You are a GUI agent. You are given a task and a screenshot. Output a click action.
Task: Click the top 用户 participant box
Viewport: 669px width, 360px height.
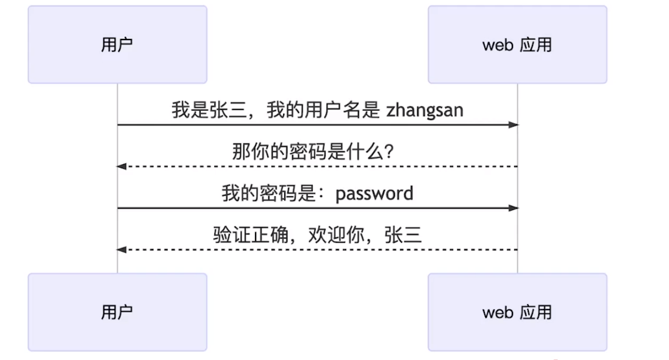coord(117,45)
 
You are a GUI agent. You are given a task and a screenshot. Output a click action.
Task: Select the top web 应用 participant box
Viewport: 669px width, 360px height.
coord(517,45)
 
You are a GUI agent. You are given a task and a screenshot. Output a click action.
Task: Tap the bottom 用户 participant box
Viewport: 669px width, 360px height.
coord(117,312)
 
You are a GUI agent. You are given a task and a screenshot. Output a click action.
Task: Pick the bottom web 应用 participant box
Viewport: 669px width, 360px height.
coord(517,312)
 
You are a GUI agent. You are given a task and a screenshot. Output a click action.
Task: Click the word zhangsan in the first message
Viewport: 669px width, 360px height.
coord(425,110)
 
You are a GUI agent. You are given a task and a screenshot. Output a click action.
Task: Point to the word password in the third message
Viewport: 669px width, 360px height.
coord(374,193)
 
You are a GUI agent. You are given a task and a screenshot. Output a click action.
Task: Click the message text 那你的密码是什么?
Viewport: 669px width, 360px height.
coord(313,152)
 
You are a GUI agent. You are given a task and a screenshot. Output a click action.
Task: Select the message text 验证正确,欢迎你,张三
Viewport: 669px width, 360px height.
coord(317,235)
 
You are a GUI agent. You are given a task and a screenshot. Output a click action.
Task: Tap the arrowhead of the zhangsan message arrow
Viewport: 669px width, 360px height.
coord(513,125)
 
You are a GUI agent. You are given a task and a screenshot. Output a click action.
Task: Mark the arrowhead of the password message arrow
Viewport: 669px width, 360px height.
coord(513,208)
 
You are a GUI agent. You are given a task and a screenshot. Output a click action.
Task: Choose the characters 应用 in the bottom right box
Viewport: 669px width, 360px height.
coord(535,312)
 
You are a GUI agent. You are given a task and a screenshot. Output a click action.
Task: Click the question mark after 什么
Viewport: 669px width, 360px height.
coord(389,152)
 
